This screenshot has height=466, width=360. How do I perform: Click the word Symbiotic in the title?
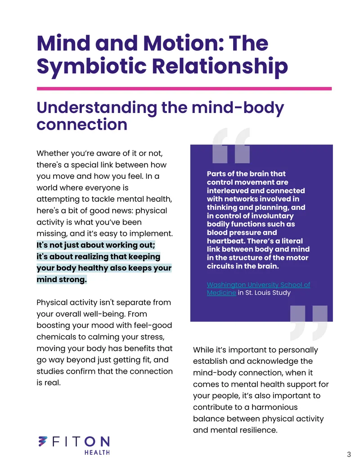click(x=91, y=66)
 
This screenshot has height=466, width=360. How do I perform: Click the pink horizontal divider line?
click(x=184, y=89)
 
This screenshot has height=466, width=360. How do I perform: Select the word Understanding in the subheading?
click(x=97, y=108)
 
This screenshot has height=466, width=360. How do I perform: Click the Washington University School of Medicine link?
click(x=258, y=288)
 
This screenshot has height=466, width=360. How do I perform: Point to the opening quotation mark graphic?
click(x=231, y=145)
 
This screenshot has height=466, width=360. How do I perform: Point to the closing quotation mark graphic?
click(x=309, y=323)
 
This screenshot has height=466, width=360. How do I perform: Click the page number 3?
click(x=349, y=454)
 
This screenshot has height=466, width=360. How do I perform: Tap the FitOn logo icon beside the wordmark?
click(x=43, y=441)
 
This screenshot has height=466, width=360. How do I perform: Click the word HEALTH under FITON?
click(x=97, y=452)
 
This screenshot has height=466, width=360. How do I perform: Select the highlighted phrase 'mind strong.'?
click(x=62, y=279)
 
